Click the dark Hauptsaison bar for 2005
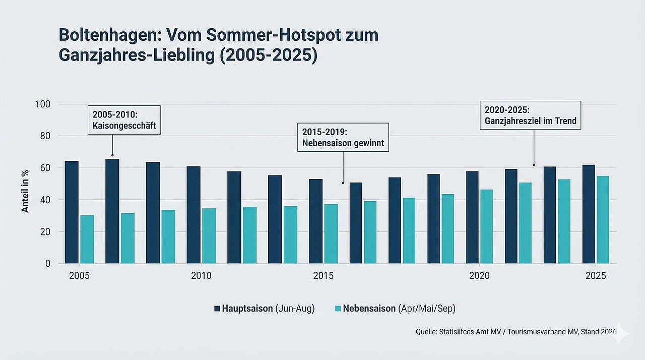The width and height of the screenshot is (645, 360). pos(72,212)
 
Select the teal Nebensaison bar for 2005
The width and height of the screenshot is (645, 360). pos(87,239)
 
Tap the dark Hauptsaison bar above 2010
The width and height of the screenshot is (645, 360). pos(193,215)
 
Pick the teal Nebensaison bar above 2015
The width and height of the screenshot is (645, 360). pos(331,233)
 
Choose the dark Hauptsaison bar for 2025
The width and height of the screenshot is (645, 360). pos(589,214)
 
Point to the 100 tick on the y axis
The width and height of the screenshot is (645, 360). pos(44,104)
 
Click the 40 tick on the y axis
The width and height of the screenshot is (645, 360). pos(46,200)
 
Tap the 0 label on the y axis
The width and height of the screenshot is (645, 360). pos(48,264)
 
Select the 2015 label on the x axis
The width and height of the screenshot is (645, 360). pos(323,276)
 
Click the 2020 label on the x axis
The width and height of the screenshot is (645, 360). pos(479,276)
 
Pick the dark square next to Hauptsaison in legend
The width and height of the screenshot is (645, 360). pos(217,309)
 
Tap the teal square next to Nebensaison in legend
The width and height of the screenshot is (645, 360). pos(338,309)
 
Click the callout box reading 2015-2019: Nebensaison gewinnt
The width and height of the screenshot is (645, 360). pos(343,137)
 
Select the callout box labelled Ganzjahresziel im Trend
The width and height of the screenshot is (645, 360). pos(530,115)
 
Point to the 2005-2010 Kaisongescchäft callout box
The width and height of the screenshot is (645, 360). pos(124,119)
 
